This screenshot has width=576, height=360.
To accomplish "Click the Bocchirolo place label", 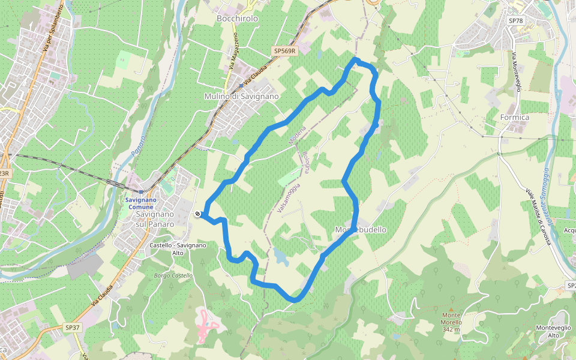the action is [237, 19].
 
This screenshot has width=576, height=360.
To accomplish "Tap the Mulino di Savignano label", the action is [242, 96].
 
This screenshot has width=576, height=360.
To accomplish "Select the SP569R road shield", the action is [284, 51].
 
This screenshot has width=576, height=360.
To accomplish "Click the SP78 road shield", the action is [515, 20].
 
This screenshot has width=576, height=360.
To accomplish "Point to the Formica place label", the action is [515, 118].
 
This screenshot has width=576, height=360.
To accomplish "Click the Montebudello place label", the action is [361, 230].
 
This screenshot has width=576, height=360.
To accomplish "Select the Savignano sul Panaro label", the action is [155, 219].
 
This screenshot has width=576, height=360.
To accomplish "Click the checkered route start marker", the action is [197, 214].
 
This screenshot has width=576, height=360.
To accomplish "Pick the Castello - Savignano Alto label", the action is [178, 249].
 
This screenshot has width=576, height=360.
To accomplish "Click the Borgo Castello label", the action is [173, 275].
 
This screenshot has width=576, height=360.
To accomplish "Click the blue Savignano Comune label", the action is [140, 203].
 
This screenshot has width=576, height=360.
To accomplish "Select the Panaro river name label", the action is [138, 147].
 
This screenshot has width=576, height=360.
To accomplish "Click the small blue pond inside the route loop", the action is [280, 257].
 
